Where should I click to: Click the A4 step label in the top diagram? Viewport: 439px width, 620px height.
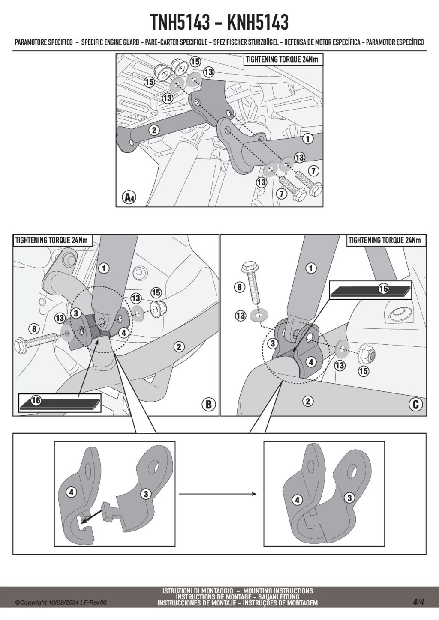point(129,197)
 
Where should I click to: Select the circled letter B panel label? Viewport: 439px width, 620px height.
point(209,404)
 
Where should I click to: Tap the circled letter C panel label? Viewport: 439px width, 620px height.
point(415,404)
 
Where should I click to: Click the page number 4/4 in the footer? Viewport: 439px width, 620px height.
point(418,602)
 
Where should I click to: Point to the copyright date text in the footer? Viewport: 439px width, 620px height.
point(61,602)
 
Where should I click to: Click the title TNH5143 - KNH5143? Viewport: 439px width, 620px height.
point(219,23)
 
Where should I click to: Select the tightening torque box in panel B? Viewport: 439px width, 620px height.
point(51,240)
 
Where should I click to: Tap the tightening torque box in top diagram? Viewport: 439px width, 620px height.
point(282,60)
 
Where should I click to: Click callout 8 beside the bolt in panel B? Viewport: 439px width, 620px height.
point(34,329)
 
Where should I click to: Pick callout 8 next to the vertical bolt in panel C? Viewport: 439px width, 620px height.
point(239,287)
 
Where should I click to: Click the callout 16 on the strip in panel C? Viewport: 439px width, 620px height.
point(383,289)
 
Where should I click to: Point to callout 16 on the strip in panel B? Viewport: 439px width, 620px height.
point(36,400)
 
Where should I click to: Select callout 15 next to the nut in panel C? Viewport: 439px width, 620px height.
point(363,371)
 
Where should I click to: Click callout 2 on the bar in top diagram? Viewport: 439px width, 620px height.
point(154,130)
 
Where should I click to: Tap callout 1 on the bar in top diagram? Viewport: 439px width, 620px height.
point(307,139)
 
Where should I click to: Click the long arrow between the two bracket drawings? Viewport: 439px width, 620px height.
point(217,494)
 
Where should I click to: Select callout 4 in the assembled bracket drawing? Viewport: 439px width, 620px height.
point(297,499)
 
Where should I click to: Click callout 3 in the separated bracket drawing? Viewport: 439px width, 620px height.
point(146,494)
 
